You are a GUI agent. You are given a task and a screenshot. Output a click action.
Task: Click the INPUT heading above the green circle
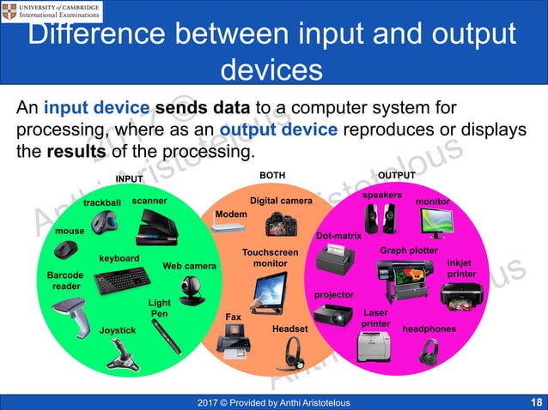[x=130, y=178]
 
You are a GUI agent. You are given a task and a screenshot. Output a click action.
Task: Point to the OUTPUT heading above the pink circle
[x=397, y=175]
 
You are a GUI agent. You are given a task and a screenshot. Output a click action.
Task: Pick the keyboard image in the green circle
[x=120, y=281]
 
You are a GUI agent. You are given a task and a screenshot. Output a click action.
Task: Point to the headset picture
[x=293, y=352]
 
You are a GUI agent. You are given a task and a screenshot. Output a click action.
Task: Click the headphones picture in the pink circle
[x=429, y=352]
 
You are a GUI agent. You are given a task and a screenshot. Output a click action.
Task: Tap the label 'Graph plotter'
[x=409, y=250]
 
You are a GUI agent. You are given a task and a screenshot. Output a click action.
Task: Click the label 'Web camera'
[x=189, y=266]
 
